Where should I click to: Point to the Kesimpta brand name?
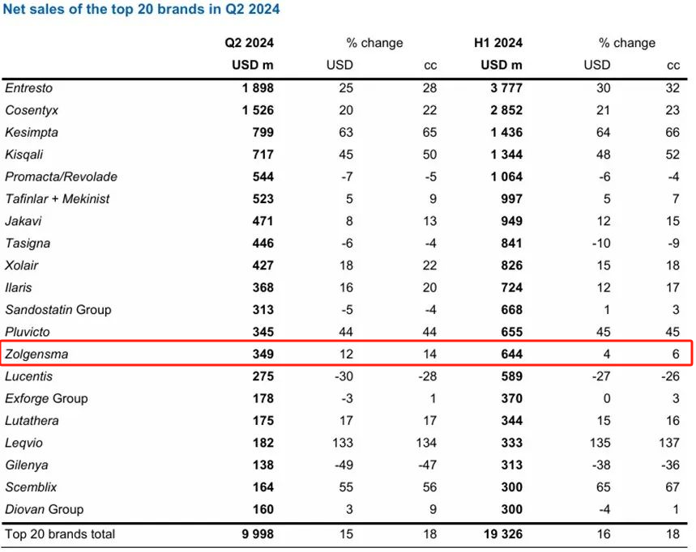pyautogui.click(x=32, y=132)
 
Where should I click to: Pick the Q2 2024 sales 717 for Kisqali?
pyautogui.click(x=263, y=155)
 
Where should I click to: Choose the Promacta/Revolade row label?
pyautogui.click(x=61, y=176)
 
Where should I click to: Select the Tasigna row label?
pyautogui.click(x=28, y=243)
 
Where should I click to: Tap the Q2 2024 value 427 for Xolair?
pyautogui.click(x=263, y=265)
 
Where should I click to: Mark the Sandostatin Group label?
pyautogui.click(x=58, y=309)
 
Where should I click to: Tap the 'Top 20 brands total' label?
pyautogui.click(x=60, y=534)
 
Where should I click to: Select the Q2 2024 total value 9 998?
pyautogui.click(x=254, y=534)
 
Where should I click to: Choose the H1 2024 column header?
pyautogui.click(x=498, y=43)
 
